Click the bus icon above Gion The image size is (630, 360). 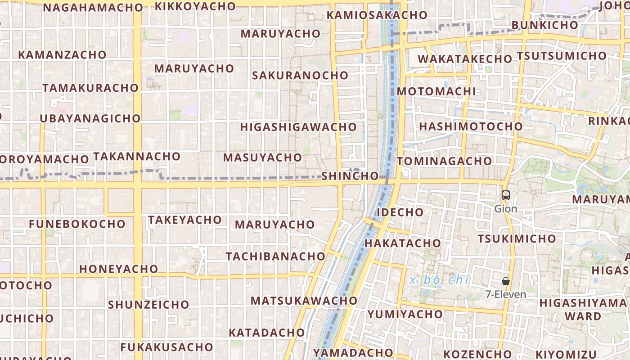pyautogui.click(x=506, y=195)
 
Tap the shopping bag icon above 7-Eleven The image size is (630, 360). pyautogui.click(x=506, y=281)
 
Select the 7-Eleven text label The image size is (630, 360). pyautogui.click(x=506, y=295)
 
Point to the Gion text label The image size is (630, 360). pyautogui.click(x=506, y=209)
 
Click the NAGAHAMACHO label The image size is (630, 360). pyautogui.click(x=93, y=8)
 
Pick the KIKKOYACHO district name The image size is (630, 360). pyautogui.click(x=195, y=6)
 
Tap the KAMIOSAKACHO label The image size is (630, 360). pyautogui.click(x=377, y=15)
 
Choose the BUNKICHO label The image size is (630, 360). pyautogui.click(x=544, y=25)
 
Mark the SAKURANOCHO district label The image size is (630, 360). pyautogui.click(x=300, y=75)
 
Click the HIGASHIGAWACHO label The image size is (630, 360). pyautogui.click(x=298, y=127)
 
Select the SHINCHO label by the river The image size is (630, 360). pyautogui.click(x=350, y=176)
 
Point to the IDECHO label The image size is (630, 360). pyautogui.click(x=400, y=212)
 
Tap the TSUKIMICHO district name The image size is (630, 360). pyautogui.click(x=517, y=238)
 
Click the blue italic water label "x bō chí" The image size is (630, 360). pyautogui.click(x=440, y=280)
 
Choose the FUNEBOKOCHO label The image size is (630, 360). pyautogui.click(x=77, y=224)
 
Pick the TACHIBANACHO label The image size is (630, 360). pyautogui.click(x=275, y=256)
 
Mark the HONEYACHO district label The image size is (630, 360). pyautogui.click(x=119, y=269)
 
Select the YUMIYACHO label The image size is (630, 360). pyautogui.click(x=405, y=314)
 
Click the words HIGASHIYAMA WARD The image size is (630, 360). pyautogui.click(x=583, y=309)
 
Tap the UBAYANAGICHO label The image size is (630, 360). pyautogui.click(x=90, y=118)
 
